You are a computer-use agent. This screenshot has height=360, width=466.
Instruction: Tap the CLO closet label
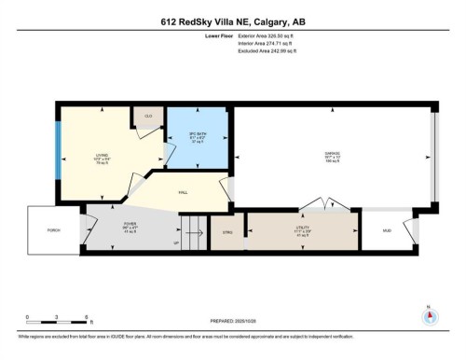pos(147,116)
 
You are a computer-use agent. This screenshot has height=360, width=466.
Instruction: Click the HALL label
pos(184,194)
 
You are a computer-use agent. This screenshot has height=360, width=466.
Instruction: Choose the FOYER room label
pos(130,224)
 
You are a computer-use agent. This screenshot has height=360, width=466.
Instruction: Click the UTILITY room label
pos(303,228)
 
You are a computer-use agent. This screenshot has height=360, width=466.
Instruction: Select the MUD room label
pos(387,229)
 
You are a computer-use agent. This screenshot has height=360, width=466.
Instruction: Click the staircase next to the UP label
pos(193,227)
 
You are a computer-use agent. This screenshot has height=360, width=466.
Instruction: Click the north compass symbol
pos(428,315)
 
